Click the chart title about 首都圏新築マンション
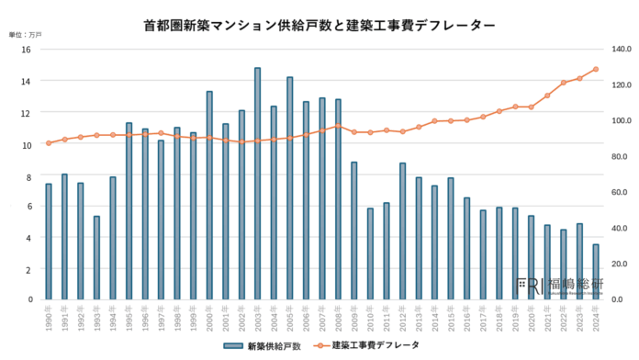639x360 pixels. [320, 26]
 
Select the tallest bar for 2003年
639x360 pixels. [257, 184]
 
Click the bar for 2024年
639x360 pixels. [595, 272]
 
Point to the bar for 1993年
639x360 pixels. [96, 258]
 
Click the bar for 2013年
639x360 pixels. [418, 239]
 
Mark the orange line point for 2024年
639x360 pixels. [595, 69]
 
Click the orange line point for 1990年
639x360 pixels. [49, 143]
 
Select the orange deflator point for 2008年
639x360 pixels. [338, 126]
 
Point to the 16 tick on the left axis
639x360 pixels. [28, 49]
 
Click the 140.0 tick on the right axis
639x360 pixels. [621, 49]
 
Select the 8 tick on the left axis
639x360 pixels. [30, 174]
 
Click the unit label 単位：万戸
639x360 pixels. [25, 34]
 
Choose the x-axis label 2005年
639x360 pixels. [288, 318]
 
